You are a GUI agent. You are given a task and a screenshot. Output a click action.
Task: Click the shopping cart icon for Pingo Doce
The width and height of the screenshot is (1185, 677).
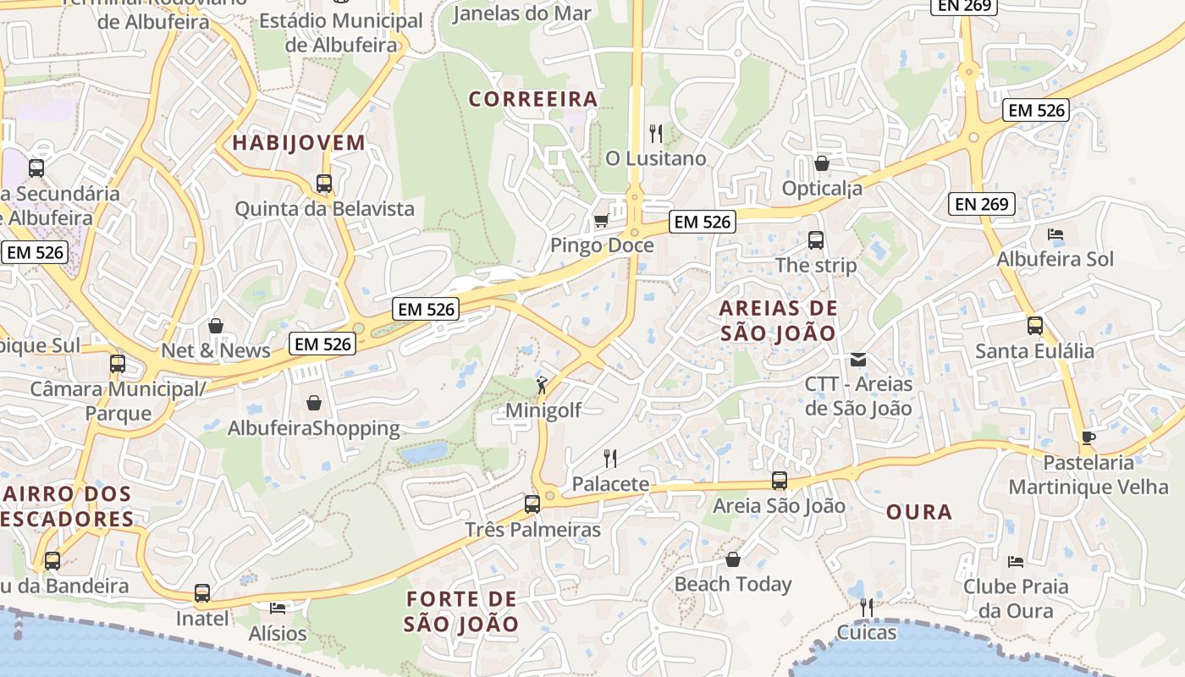click(x=601, y=221)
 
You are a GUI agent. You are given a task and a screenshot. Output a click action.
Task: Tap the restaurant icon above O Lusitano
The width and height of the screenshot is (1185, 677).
click(x=655, y=133)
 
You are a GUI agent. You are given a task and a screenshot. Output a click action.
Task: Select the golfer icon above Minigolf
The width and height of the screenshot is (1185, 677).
click(x=542, y=386)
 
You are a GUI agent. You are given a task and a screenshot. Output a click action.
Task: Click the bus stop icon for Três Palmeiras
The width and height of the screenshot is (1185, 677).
click(x=532, y=504)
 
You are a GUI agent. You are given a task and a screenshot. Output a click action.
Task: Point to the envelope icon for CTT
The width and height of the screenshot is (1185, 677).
click(x=858, y=360)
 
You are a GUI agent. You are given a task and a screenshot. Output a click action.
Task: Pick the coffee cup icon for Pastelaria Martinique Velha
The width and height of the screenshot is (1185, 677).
click(x=1088, y=438)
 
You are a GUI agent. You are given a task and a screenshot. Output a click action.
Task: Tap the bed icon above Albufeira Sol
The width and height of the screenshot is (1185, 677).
click(x=1055, y=234)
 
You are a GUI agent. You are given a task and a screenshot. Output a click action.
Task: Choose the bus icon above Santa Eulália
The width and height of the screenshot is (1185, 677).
click(x=1034, y=326)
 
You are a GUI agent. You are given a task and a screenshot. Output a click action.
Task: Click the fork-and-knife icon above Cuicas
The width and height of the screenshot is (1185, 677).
click(x=866, y=608)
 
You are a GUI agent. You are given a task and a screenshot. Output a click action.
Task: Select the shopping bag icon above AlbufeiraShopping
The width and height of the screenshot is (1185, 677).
click(x=313, y=403)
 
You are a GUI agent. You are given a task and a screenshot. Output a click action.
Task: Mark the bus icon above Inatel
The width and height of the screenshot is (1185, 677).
click(x=201, y=593)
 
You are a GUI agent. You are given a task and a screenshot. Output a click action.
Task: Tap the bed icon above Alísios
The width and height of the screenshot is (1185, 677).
click(x=278, y=608)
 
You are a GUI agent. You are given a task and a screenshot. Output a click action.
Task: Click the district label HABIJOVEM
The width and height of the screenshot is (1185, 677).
click(x=299, y=143)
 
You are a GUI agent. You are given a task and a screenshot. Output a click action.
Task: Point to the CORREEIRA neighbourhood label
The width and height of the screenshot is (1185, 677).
click(x=533, y=100)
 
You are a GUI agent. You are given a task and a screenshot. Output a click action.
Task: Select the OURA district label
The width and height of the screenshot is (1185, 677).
click(x=919, y=512)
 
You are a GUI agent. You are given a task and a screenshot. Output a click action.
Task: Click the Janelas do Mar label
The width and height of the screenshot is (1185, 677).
click(x=521, y=13)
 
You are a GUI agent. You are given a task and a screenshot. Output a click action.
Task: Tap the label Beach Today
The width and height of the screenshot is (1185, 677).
click(x=732, y=584)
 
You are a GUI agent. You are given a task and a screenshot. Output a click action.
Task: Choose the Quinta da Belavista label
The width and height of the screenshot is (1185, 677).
click(x=324, y=208)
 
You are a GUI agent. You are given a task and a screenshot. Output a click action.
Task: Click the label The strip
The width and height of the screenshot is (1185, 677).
click(x=816, y=265)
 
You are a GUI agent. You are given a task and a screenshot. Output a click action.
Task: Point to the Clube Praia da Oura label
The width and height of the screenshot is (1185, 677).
click(x=1016, y=598)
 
